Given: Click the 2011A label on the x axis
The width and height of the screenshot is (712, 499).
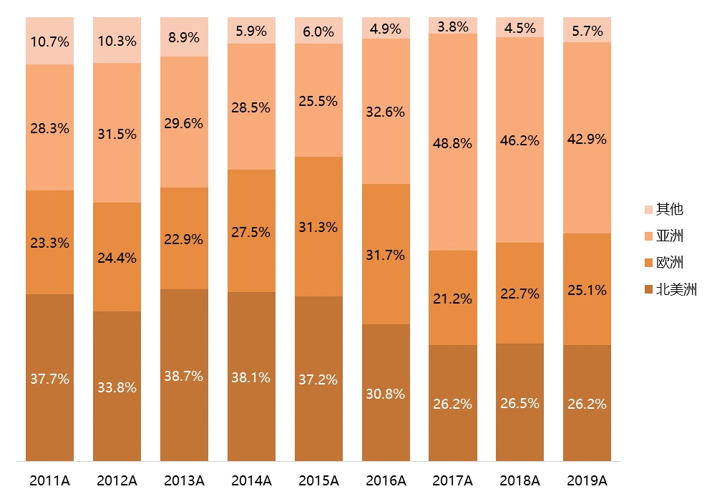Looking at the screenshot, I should (49, 480).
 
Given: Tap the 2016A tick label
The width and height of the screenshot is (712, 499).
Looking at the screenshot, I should (386, 480).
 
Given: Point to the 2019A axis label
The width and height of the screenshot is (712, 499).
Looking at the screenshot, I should (587, 480).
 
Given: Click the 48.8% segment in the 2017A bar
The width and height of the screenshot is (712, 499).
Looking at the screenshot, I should (453, 143).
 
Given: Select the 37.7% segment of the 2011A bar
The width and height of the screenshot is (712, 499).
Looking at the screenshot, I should (49, 378).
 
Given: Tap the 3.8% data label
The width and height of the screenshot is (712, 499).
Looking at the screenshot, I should (453, 27).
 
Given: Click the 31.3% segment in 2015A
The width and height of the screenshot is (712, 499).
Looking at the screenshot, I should (318, 226).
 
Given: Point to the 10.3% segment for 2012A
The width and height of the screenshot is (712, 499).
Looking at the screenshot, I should (117, 41).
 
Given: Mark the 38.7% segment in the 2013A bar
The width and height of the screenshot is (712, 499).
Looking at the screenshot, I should (184, 376).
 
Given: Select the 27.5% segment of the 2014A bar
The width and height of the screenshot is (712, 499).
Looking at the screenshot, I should (251, 231).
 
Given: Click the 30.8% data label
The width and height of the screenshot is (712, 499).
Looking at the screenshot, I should (386, 394).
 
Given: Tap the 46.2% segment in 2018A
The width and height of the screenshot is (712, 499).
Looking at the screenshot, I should (520, 140).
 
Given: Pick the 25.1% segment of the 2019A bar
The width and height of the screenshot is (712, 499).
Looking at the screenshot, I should (587, 289).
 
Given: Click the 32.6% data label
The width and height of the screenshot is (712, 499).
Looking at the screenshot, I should (386, 112).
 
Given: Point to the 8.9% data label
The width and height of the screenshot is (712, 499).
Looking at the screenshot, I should (184, 38).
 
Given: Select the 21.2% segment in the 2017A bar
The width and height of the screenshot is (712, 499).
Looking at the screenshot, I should (453, 299).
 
